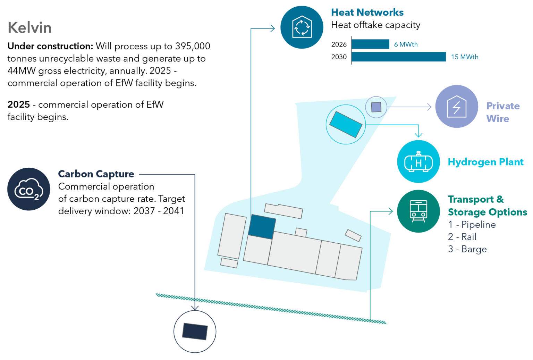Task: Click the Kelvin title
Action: [29, 28]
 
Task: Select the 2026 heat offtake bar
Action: [370, 44]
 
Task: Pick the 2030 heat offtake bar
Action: [399, 57]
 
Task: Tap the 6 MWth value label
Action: [406, 44]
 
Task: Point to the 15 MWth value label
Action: [465, 57]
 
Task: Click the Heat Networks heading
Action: [367, 12]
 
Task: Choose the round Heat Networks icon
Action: [302, 27]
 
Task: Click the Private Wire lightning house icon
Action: [457, 107]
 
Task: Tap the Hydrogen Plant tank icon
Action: [418, 161]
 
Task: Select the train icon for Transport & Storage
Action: [418, 211]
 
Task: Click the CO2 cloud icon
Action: [29, 189]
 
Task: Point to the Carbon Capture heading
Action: [96, 174]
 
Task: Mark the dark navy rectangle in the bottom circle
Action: [195, 332]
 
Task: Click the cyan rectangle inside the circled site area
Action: [346, 125]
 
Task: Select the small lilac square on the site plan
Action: [376, 107]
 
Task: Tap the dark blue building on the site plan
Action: [262, 227]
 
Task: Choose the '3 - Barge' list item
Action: [467, 249]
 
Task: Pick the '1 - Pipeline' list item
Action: [472, 224]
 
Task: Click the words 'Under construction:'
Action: [50, 46]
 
